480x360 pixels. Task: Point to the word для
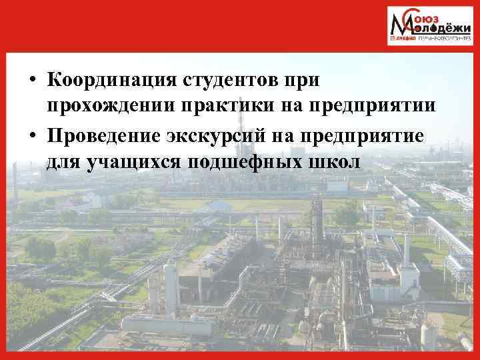coord(64,162)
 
